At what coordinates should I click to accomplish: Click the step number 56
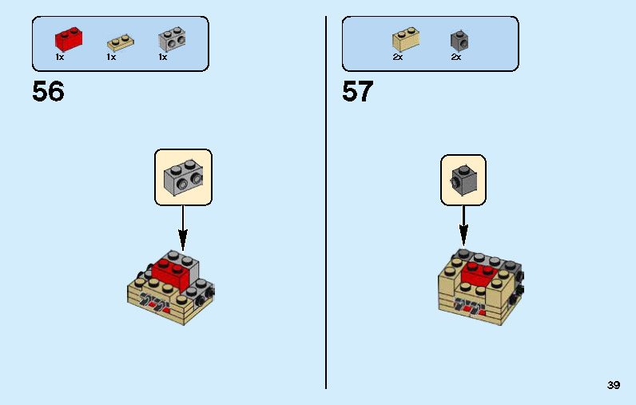coord(48,91)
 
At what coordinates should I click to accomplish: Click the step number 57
coord(357,91)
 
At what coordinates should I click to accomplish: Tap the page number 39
coord(614,385)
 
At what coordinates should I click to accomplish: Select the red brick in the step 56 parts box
coord(69,39)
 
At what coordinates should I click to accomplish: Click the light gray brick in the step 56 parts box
coord(172,39)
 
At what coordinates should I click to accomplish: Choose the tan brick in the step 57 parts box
coord(406,39)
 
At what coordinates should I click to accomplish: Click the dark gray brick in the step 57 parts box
coord(459,41)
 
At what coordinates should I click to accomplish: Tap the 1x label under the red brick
coord(60,58)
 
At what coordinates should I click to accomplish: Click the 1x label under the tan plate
coord(111,58)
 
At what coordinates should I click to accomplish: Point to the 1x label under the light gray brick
coord(163,58)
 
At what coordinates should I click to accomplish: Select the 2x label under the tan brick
coord(398,58)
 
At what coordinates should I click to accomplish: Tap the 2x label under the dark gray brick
coord(456,58)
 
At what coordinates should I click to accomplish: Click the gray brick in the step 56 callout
coord(183,177)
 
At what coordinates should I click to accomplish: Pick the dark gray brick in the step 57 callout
coord(463,181)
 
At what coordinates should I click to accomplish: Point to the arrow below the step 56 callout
coord(183,228)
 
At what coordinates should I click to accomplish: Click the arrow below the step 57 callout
coord(463,226)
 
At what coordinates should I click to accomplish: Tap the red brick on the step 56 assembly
coord(170,274)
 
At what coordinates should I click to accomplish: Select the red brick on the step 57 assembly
coord(481,274)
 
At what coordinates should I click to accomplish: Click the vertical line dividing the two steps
coord(326,203)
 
